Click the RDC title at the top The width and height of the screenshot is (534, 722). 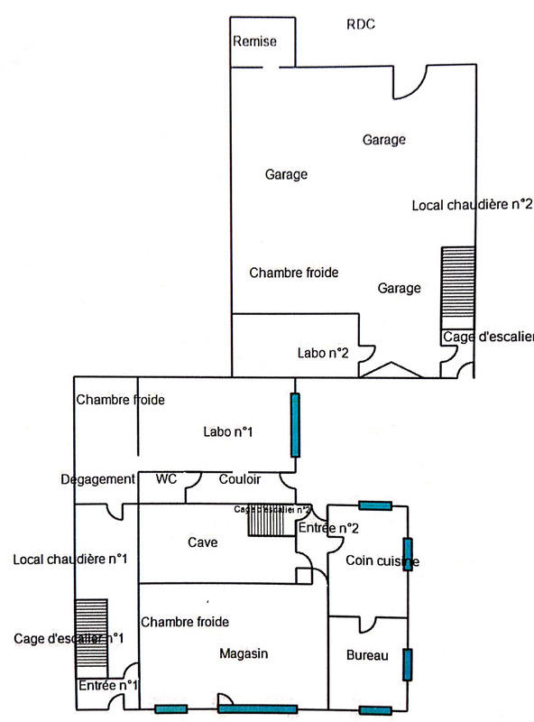pyautogui.click(x=360, y=24)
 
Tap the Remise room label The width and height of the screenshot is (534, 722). pyautogui.click(x=254, y=42)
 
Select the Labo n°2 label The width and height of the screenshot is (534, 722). pyautogui.click(x=323, y=353)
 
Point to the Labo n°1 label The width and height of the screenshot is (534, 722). pyautogui.click(x=227, y=433)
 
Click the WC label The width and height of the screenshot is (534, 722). pyautogui.click(x=166, y=479)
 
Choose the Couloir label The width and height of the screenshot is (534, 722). pyautogui.click(x=240, y=479)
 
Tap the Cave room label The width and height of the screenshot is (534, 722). pyautogui.click(x=202, y=542)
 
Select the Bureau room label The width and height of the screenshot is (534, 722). pyautogui.click(x=367, y=655)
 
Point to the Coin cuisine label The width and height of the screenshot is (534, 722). pyautogui.click(x=382, y=561)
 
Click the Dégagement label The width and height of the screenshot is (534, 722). pyautogui.click(x=98, y=479)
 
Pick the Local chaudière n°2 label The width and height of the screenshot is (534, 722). pyautogui.click(x=472, y=205)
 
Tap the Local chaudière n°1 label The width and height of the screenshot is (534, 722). pyautogui.click(x=69, y=560)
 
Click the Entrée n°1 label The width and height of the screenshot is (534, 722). pyautogui.click(x=107, y=686)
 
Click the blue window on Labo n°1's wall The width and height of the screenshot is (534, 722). pyautogui.click(x=294, y=424)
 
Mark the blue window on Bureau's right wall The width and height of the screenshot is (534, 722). pyautogui.click(x=408, y=663)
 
